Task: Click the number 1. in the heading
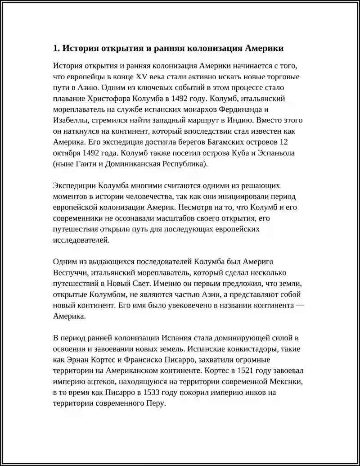tap(56, 48)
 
